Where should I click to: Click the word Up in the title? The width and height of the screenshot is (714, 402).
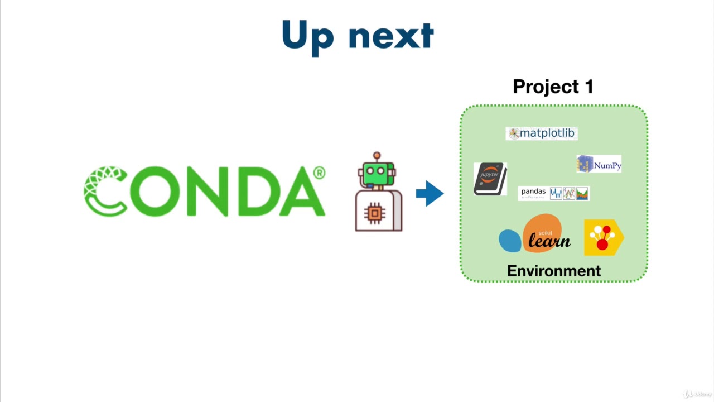coord(307,36)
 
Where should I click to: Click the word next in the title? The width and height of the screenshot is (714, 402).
coord(391,36)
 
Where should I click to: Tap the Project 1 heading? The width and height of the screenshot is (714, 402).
coord(553,87)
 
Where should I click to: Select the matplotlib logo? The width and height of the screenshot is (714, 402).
coord(542,133)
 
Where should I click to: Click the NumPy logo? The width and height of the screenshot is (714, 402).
coord(599,164)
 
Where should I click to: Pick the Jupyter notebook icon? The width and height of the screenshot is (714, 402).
coord(490,179)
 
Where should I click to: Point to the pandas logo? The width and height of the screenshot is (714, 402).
coord(553,193)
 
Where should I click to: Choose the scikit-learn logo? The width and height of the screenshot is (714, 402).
coord(535,234)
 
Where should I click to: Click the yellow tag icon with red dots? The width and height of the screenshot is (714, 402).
coord(603,237)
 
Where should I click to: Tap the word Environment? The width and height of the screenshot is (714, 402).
coord(554,271)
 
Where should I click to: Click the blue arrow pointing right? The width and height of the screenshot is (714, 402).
coord(430,193)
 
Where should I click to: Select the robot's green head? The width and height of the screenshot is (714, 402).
coord(378,172)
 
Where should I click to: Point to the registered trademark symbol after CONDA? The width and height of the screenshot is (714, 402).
coord(319,173)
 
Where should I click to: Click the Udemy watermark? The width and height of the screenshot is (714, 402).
coord(697,394)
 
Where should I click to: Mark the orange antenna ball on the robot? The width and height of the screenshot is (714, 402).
coord(377,155)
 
